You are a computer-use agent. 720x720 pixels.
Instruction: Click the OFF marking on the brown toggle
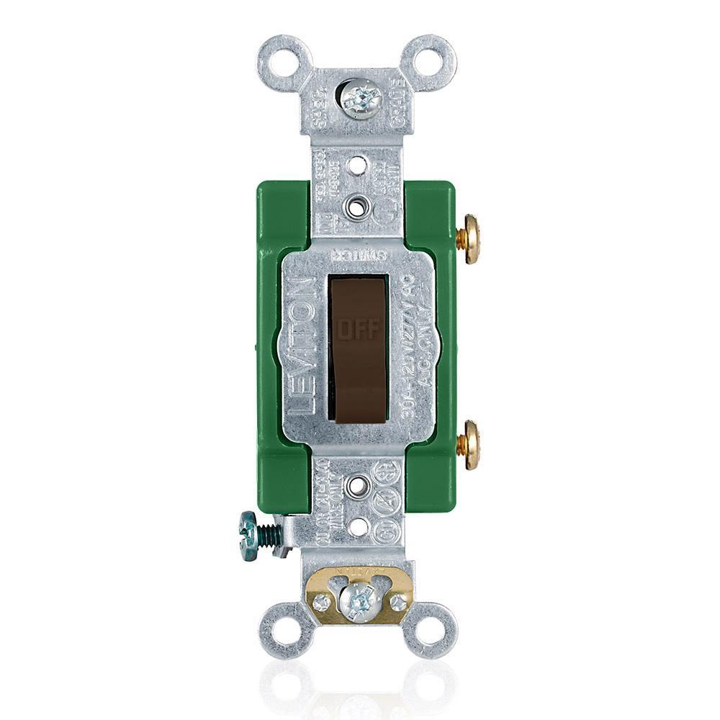[x=356, y=330]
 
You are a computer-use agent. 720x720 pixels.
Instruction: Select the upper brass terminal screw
[x=470, y=239]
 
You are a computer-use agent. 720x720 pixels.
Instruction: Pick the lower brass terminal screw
[x=470, y=445]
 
